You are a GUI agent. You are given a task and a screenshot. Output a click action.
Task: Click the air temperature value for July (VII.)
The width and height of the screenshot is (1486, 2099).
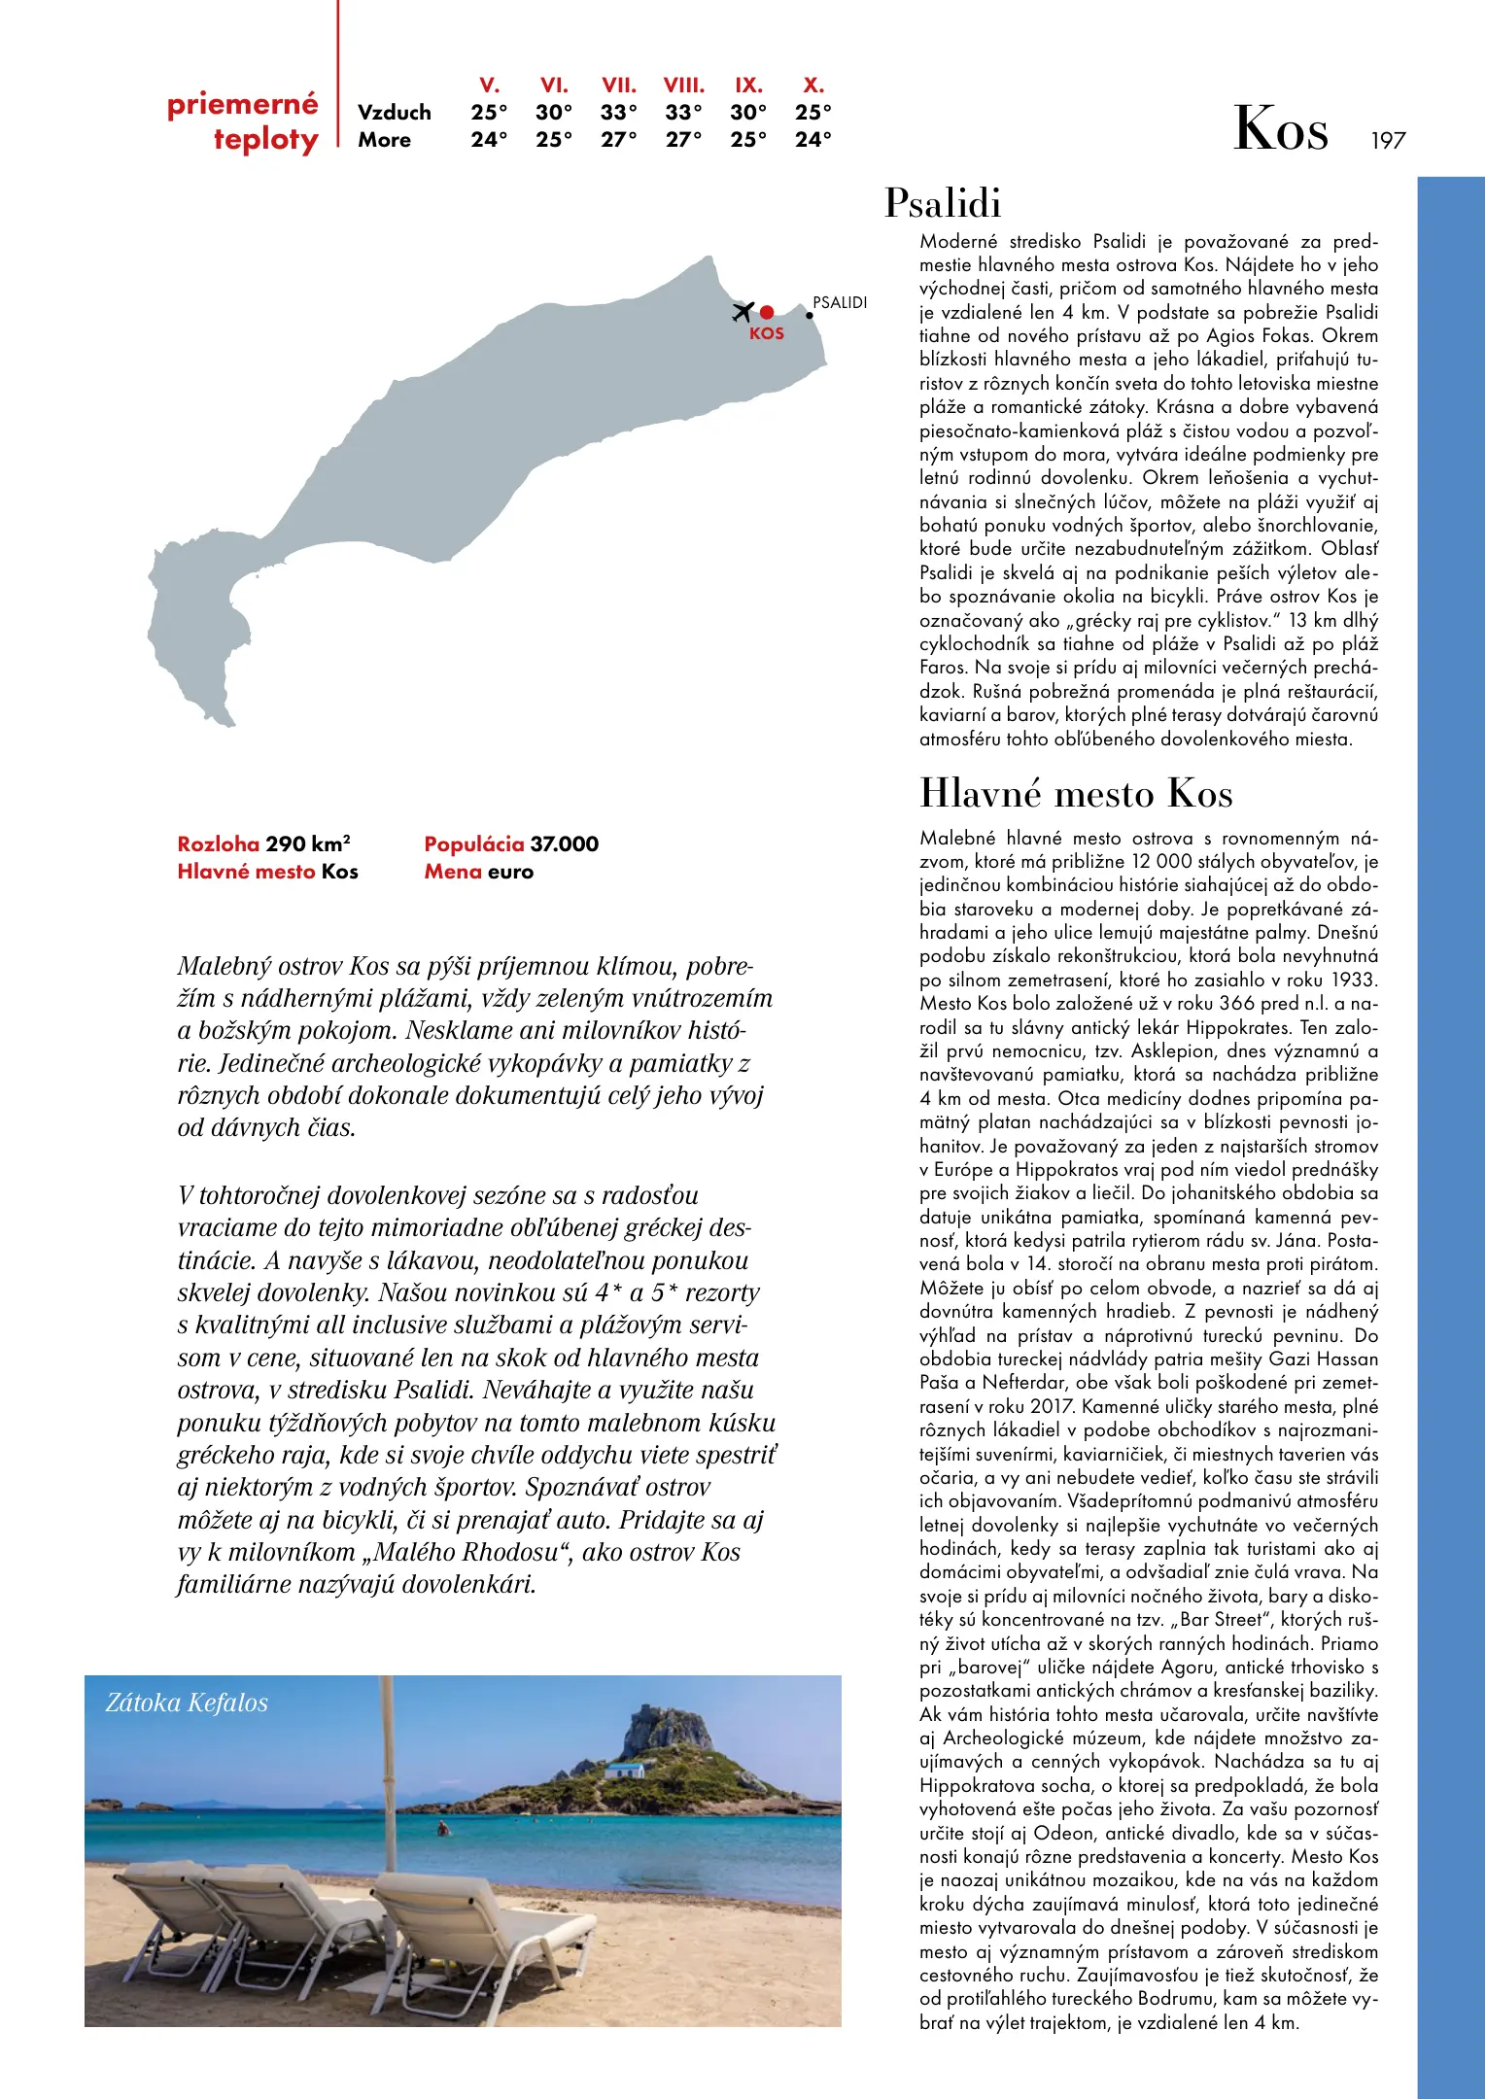pyautogui.click(x=618, y=112)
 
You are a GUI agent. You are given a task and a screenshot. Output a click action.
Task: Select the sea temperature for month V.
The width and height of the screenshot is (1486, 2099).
pyautogui.click(x=489, y=139)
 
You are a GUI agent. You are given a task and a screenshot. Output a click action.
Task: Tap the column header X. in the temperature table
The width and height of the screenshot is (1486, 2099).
pyautogui.click(x=813, y=85)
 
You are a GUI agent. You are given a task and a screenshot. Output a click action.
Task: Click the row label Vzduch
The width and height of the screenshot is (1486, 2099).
pyautogui.click(x=394, y=112)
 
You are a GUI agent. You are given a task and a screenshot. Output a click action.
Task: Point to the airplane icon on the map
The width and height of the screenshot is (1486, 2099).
pyautogui.click(x=743, y=311)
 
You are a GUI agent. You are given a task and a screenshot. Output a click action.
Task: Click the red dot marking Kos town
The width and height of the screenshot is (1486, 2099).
pyautogui.click(x=767, y=312)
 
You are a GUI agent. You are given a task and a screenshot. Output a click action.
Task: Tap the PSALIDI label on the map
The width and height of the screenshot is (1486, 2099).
pyautogui.click(x=840, y=302)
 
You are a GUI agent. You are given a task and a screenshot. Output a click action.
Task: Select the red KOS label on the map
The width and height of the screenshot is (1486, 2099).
pyautogui.click(x=766, y=333)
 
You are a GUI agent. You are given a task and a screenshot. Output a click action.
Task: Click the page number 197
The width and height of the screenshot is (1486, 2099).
pyautogui.click(x=1388, y=141)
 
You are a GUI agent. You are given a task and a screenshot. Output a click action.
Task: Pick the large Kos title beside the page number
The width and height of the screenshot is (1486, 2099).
pyautogui.click(x=1280, y=129)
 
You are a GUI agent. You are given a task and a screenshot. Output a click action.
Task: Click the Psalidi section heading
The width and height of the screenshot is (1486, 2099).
pyautogui.click(x=943, y=203)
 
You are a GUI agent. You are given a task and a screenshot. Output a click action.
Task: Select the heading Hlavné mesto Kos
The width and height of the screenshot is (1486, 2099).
pyautogui.click(x=1076, y=793)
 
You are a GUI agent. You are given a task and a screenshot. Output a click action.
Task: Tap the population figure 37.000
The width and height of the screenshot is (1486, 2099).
pyautogui.click(x=564, y=843)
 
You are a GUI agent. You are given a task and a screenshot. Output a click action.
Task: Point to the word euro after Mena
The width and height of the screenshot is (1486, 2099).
pyautogui.click(x=510, y=872)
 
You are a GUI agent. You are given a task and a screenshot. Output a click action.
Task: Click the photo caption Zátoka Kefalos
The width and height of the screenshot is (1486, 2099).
pyautogui.click(x=187, y=1703)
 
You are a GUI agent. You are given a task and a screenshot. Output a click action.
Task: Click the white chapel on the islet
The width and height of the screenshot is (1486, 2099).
pyautogui.click(x=624, y=1770)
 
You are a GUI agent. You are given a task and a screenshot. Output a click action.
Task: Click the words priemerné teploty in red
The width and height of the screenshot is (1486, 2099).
pyautogui.click(x=243, y=121)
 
